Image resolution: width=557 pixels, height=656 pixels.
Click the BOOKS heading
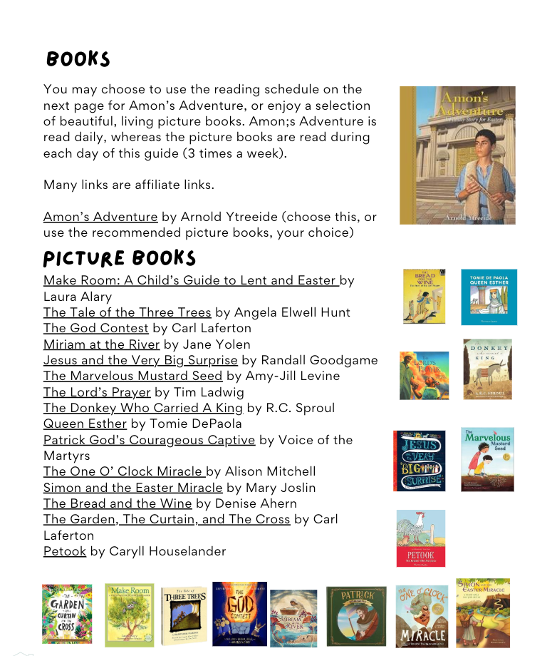(x=78, y=58)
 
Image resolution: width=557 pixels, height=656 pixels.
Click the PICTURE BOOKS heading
(x=120, y=257)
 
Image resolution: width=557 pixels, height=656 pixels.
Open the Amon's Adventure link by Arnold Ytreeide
(x=100, y=217)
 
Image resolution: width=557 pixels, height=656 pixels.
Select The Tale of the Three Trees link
(x=127, y=312)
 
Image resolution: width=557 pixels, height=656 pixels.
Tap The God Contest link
(x=96, y=328)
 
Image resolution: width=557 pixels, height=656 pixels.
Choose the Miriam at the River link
(x=101, y=344)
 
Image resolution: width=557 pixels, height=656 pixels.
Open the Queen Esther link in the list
(x=85, y=424)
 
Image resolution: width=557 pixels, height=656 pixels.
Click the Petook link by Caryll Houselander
(x=65, y=551)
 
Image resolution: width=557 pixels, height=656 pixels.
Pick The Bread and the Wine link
(x=118, y=503)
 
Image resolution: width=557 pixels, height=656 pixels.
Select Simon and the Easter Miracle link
(x=132, y=488)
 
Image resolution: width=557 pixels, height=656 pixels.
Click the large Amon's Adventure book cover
(x=457, y=155)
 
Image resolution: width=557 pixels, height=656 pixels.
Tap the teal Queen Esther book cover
(x=489, y=297)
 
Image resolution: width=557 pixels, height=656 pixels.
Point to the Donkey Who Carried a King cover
(x=487, y=369)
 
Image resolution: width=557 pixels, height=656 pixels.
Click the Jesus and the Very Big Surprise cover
(x=420, y=460)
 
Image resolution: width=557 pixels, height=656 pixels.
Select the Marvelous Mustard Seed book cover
(x=487, y=460)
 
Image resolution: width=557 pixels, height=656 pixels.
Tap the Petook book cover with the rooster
(x=421, y=538)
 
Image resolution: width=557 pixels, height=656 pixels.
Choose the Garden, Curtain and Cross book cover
(x=67, y=614)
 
